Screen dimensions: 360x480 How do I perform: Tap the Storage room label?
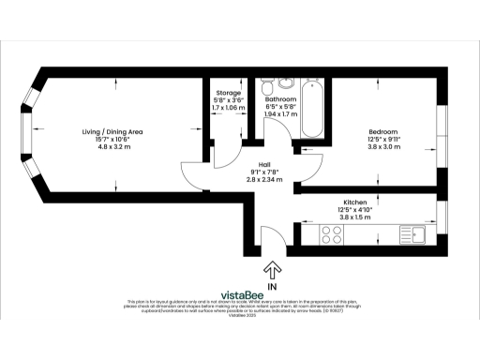click(229, 93)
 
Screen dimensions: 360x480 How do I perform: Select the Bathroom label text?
click(281, 98)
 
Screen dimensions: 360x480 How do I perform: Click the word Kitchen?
click(354, 202)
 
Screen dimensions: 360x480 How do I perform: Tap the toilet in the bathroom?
click(268, 89)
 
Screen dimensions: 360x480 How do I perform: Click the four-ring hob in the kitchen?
click(332, 232)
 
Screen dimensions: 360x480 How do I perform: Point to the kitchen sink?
click(414, 232)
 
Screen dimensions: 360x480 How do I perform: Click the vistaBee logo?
click(239, 293)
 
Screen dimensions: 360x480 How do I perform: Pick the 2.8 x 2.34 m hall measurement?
click(256, 179)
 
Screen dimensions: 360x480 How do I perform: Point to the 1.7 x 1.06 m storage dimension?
click(229, 108)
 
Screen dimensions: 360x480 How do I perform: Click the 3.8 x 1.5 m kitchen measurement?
click(354, 217)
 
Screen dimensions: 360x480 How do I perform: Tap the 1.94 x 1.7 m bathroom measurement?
click(281, 113)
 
